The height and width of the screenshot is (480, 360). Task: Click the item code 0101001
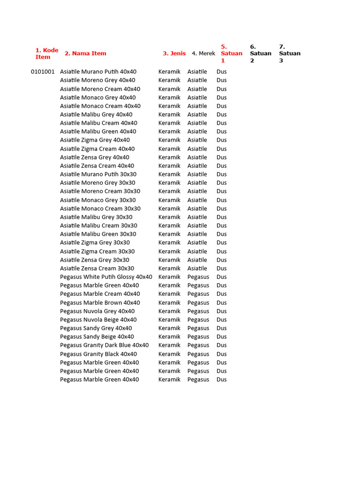coord(43,72)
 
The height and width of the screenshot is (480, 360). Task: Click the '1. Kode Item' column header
coord(47,53)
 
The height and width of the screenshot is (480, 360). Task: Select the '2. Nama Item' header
coord(85,53)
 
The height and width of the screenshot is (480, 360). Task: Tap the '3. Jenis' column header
coord(174,53)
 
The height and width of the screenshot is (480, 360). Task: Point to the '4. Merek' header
coord(203,53)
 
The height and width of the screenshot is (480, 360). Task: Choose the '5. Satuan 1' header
coord(231,53)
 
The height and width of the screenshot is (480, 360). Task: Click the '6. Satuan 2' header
coord(260,53)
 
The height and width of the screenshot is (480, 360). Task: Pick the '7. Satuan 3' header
coord(289,53)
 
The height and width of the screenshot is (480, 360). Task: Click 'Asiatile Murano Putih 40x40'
coord(98,72)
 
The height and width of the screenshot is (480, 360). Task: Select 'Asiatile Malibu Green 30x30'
coord(98,234)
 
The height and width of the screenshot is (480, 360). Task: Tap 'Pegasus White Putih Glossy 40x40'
coord(106,277)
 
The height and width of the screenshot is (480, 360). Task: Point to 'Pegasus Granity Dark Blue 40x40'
coord(104,345)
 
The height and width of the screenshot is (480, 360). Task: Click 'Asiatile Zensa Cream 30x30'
coord(97,268)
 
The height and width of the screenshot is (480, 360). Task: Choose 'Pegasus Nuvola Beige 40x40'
coord(98,320)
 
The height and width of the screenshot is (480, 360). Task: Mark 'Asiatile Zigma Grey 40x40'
coord(95,140)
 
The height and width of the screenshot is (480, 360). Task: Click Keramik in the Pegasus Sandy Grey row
coord(169,328)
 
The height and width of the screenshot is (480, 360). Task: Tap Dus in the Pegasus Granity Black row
coord(221,354)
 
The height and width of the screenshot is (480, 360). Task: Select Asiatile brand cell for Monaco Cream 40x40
coord(197,106)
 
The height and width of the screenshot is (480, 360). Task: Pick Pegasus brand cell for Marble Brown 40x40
coord(198,302)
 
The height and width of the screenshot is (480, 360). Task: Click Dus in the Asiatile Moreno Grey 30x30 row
coord(221,183)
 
